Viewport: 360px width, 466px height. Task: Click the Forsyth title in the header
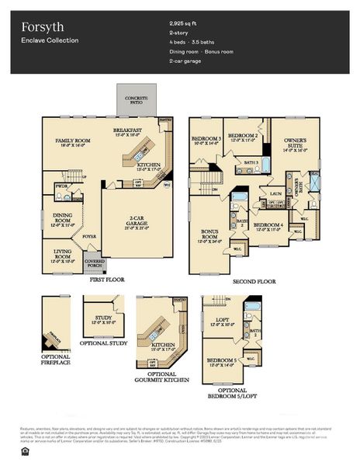click(37, 25)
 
